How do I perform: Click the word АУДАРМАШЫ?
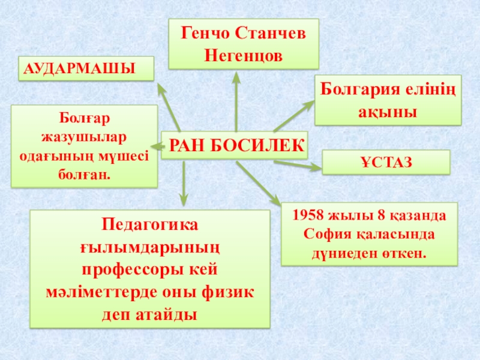[x=78, y=68]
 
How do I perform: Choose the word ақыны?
[x=388, y=111]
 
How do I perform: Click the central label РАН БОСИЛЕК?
[x=235, y=145]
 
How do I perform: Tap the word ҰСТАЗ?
[x=386, y=163]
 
